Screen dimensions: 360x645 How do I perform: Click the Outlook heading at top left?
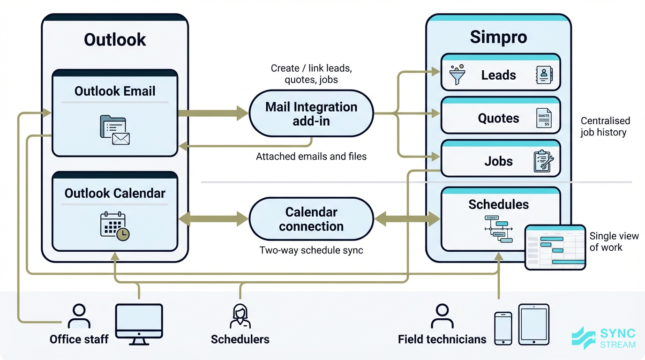(115, 40)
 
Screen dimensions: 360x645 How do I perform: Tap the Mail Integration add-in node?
(311, 114)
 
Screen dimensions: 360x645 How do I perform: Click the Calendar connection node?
(311, 219)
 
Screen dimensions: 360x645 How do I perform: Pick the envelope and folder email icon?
(114, 130)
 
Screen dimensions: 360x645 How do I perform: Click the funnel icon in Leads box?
(457, 75)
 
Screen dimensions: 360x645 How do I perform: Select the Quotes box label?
(498, 118)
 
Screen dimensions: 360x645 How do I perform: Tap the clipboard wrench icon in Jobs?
(543, 161)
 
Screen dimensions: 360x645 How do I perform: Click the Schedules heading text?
(498, 204)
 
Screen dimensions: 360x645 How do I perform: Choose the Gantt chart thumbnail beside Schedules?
(555, 247)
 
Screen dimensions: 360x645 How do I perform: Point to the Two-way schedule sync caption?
(311, 250)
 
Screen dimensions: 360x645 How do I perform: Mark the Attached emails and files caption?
(311, 157)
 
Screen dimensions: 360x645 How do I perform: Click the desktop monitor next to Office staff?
(139, 322)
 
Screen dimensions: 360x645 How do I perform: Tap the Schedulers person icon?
(240, 316)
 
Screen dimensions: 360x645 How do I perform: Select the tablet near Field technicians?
(533, 324)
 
